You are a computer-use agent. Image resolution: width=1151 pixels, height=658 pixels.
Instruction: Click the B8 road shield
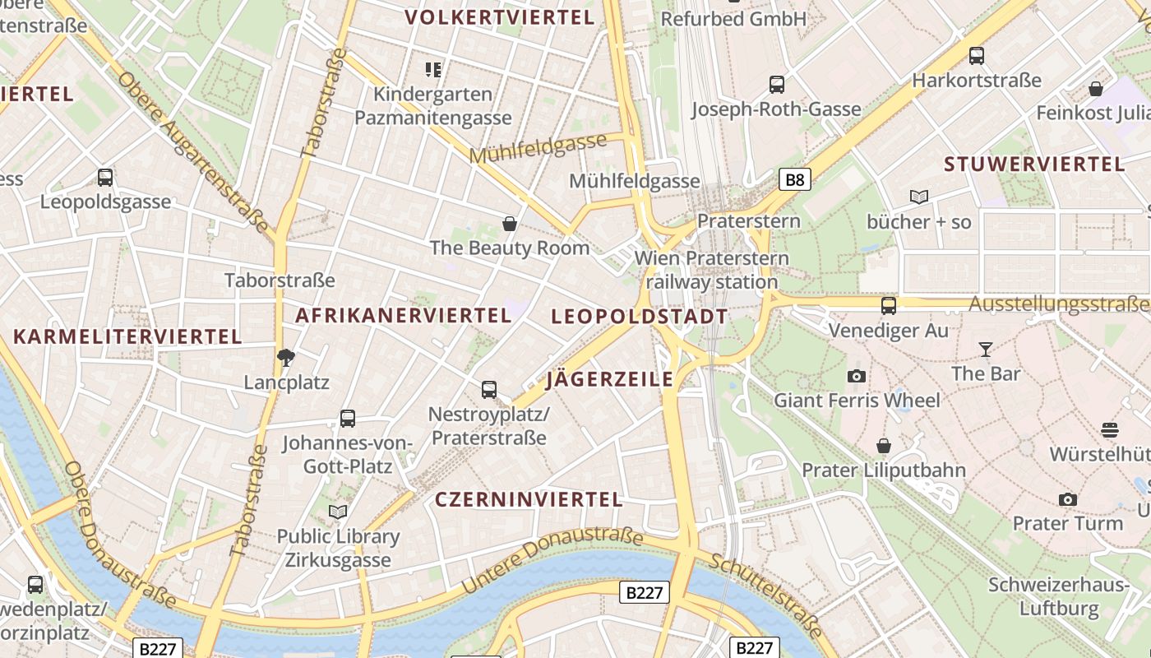[794, 179]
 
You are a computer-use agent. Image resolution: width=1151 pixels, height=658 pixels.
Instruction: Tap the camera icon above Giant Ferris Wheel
[857, 376]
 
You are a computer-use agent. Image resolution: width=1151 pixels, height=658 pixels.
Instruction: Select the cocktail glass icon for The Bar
[985, 350]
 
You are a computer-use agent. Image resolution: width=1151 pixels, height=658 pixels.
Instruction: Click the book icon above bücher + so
[919, 197]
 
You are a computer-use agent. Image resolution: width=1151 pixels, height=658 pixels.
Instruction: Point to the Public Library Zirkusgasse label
[338, 549]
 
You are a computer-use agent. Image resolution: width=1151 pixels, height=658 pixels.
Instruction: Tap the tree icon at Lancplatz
[286, 358]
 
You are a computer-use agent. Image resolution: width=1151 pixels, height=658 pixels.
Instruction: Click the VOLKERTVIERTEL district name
[500, 17]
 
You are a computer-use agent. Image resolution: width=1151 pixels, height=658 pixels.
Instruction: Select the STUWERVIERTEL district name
[1034, 164]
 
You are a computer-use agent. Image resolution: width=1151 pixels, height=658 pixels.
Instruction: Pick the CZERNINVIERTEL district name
[529, 499]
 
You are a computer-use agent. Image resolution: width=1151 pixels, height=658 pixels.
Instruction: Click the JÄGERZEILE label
[610, 379]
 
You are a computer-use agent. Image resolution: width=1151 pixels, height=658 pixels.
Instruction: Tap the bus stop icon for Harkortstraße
[977, 56]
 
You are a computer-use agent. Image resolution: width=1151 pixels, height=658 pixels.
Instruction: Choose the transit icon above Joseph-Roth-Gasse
[777, 84]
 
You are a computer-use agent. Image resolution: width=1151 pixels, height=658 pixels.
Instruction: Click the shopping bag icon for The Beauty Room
[510, 224]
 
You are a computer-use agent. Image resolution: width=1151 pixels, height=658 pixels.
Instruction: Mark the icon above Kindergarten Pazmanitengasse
[433, 70]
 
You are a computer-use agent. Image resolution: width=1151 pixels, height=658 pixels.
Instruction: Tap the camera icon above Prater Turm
[1068, 499]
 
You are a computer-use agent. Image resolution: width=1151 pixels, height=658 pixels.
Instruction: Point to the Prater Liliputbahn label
[884, 470]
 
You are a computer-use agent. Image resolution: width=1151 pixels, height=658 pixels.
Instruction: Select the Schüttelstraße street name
[765, 595]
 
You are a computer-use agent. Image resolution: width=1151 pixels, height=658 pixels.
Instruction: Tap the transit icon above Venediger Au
[889, 306]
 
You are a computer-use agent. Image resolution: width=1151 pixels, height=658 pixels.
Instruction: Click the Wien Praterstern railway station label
[712, 270]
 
